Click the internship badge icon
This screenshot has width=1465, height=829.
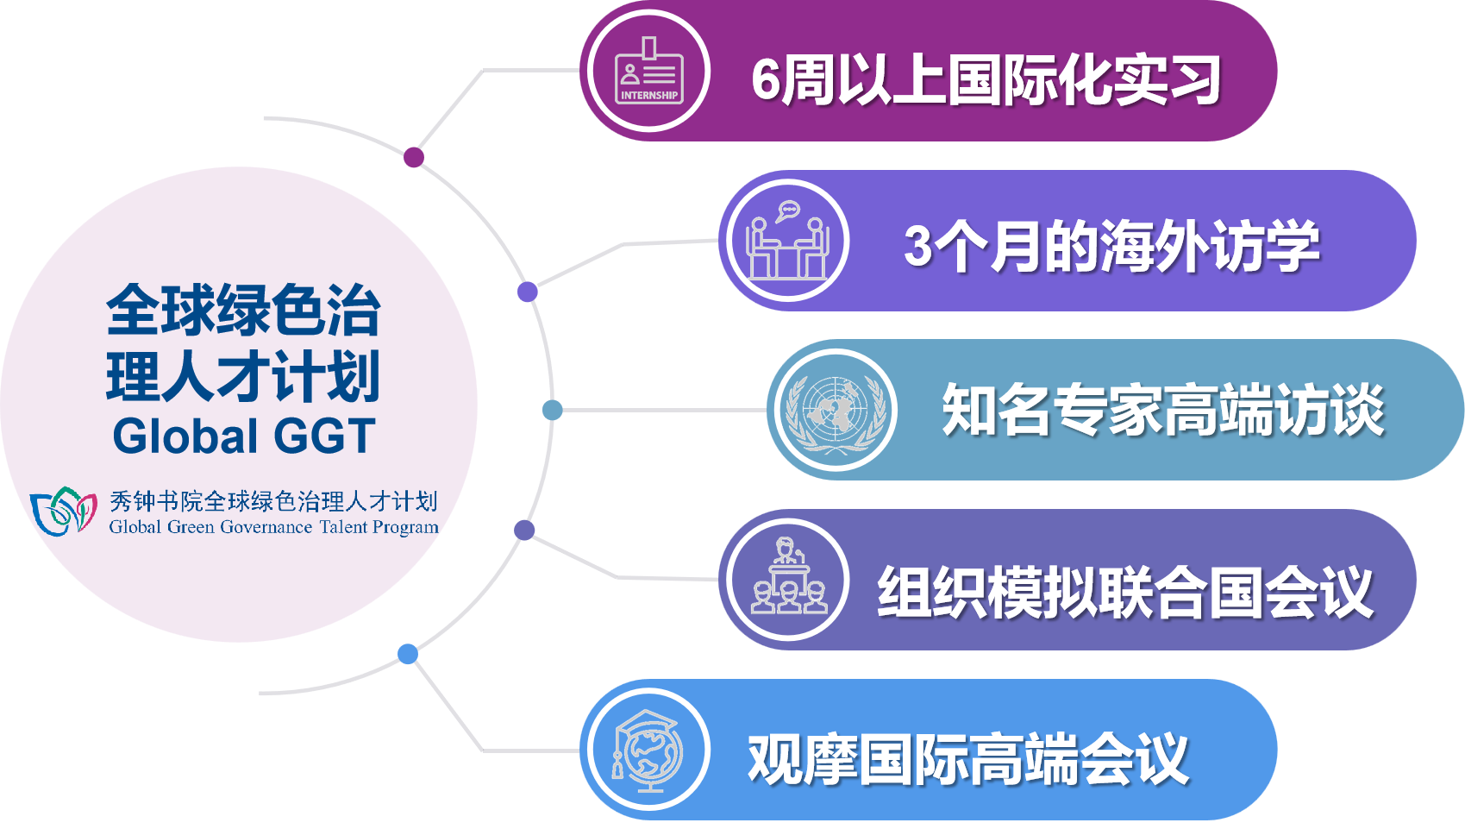click(x=648, y=71)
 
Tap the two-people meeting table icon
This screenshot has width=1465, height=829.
click(x=788, y=240)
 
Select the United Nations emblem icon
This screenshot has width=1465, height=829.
click(x=836, y=411)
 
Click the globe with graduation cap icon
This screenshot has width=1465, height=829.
click(x=648, y=750)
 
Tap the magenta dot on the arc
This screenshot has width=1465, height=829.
click(x=414, y=157)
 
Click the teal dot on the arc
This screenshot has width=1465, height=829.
click(x=553, y=411)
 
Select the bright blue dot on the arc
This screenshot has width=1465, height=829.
click(x=408, y=654)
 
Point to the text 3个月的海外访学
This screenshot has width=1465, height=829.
click(x=1111, y=246)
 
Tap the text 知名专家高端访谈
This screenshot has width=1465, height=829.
click(x=1163, y=410)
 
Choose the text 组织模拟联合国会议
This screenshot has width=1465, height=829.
click(x=1125, y=592)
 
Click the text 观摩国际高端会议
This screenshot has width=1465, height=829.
click(x=968, y=759)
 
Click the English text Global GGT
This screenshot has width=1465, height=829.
click(x=244, y=436)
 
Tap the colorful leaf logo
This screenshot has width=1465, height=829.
click(x=64, y=511)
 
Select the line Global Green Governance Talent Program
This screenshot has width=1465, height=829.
click(x=274, y=527)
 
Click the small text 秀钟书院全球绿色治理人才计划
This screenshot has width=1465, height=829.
click(x=273, y=501)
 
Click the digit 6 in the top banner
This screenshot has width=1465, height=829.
click(x=767, y=80)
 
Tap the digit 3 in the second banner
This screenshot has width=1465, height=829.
click(x=918, y=246)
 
